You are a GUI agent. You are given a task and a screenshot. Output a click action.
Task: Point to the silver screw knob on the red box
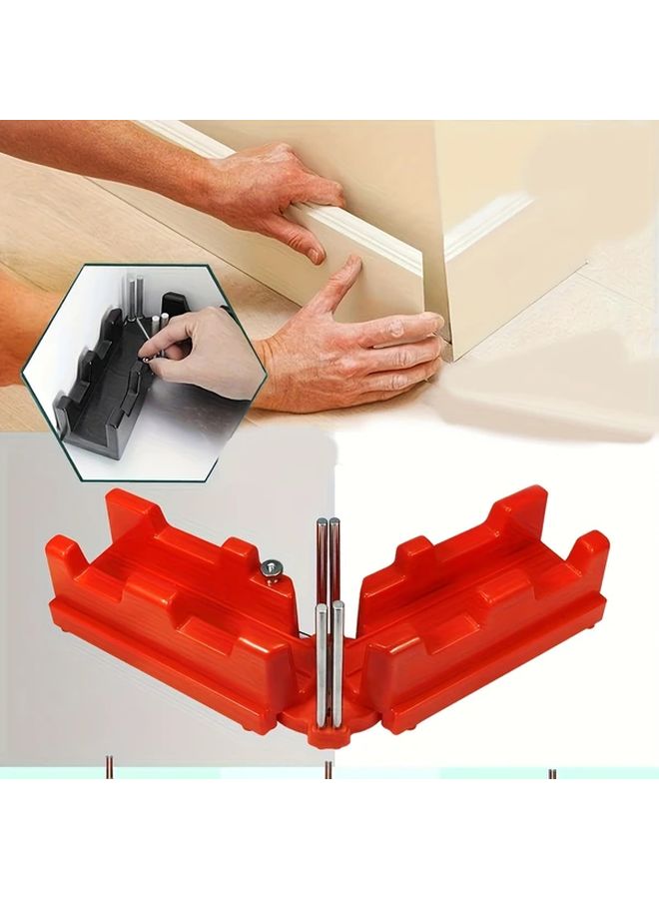coord(270,569)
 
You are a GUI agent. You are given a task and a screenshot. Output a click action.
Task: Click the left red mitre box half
coord(170,609)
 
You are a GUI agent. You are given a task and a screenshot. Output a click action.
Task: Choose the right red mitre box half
coord(489,609)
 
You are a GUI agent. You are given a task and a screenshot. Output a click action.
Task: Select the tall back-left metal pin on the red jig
coord(321,559)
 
